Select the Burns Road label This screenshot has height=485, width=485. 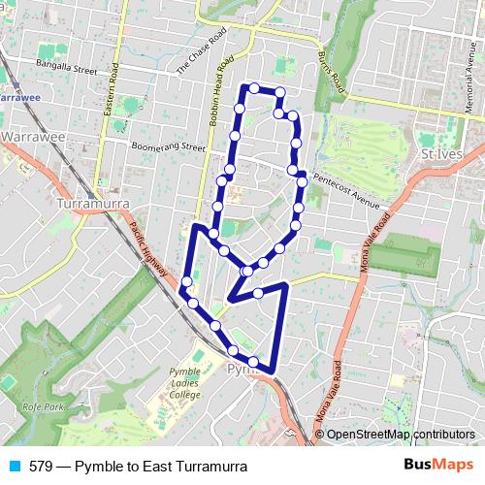(331, 70)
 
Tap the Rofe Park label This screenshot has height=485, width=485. (48, 407)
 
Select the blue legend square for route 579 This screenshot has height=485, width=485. (13, 467)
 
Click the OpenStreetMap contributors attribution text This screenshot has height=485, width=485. (401, 435)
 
